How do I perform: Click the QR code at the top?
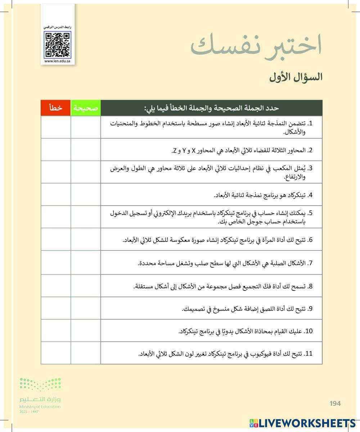tap(58, 45)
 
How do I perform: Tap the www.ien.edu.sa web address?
tap(58, 61)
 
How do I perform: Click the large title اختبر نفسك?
tap(256, 46)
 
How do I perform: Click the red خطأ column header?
tap(56, 108)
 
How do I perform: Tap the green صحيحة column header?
tap(86, 108)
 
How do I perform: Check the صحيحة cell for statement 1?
tap(86, 127)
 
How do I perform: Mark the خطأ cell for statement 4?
tap(56, 194)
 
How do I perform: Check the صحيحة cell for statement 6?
tap(86, 239)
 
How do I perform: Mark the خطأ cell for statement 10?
tap(56, 331)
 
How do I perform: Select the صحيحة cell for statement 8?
tap(86, 286)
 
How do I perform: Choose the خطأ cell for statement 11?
tap(56, 353)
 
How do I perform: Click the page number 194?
tap(335, 404)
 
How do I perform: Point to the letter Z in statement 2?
tap(175, 150)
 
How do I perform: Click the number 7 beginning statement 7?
tap(310, 263)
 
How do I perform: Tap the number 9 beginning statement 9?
tap(310, 309)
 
